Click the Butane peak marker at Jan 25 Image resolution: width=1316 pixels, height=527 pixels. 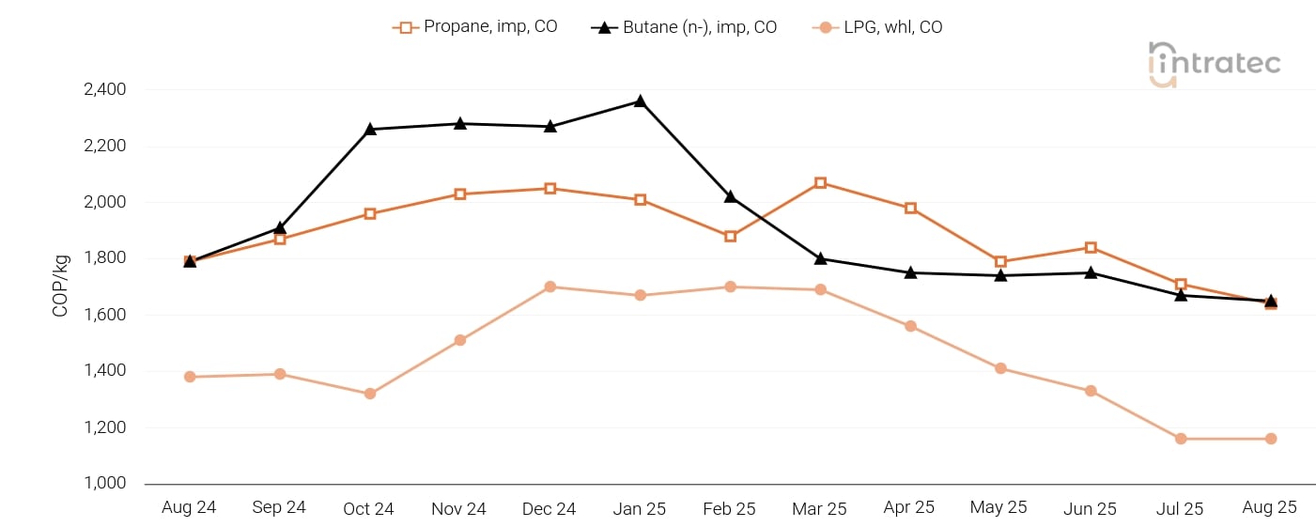(640, 101)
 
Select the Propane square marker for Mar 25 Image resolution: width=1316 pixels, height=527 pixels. (820, 183)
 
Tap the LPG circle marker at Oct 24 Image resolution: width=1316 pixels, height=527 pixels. (370, 394)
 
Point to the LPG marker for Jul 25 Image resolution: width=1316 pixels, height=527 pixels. (1181, 439)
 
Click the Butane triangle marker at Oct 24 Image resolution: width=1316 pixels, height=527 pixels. (370, 129)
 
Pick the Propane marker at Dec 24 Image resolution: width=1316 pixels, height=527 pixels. (550, 189)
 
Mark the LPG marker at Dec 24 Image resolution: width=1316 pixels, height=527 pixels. (550, 287)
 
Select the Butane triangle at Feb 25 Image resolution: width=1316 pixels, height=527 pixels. (730, 196)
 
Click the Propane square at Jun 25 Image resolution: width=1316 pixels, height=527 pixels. (1091, 248)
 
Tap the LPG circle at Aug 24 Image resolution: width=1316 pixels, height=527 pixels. (190, 377)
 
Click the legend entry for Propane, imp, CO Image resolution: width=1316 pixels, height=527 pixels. (475, 27)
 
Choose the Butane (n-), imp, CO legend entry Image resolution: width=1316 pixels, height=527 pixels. (685, 27)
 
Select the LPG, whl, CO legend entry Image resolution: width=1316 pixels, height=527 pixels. (877, 27)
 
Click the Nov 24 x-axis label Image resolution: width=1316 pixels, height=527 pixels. (458, 509)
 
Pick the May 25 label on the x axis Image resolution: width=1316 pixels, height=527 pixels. (999, 508)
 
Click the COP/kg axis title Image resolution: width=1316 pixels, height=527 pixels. (61, 286)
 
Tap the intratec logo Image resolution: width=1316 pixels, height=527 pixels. (1214, 64)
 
